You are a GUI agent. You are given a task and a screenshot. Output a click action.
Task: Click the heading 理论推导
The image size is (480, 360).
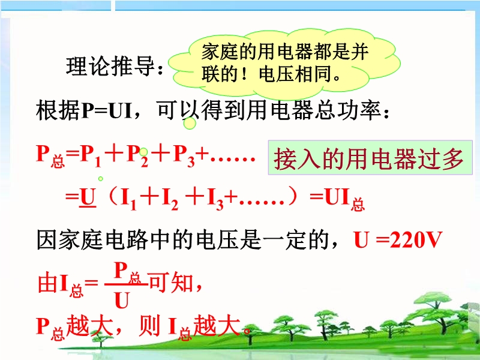click(110, 66)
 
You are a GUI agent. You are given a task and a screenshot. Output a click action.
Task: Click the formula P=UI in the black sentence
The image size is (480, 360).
click(107, 111)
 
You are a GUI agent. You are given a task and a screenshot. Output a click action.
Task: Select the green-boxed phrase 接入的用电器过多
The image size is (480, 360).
click(369, 158)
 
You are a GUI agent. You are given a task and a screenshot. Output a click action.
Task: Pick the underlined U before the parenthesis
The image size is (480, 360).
click(88, 198)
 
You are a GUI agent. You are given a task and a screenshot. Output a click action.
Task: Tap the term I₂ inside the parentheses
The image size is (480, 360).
click(170, 199)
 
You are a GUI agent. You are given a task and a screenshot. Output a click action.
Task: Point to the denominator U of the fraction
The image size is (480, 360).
click(122, 300)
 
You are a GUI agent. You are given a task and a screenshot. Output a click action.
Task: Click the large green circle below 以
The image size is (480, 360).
click(190, 124)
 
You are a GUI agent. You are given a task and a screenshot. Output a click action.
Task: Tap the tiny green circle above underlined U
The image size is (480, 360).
click(100, 178)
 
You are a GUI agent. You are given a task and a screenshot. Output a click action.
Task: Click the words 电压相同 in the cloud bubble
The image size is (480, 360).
click(295, 74)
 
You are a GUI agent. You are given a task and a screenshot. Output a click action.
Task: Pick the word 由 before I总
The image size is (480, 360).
click(47, 283)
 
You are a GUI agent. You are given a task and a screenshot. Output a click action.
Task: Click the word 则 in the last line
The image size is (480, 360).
click(149, 326)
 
